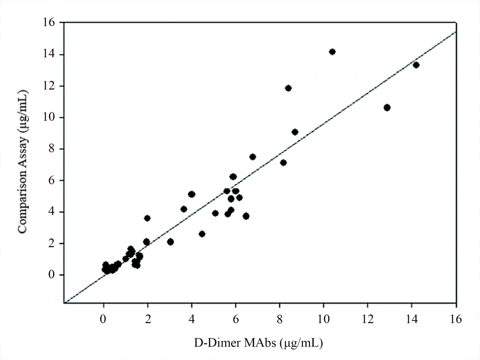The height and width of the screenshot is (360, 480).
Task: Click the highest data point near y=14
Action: click(332, 52)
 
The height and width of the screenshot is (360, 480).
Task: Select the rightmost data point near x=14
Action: click(416, 65)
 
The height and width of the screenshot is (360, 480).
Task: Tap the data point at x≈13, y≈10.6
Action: click(387, 108)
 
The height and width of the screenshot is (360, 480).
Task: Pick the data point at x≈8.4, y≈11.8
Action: click(288, 88)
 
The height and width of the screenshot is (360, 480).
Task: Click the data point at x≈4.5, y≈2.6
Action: click(202, 234)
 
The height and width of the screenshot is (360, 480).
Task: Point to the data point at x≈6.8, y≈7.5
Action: click(253, 157)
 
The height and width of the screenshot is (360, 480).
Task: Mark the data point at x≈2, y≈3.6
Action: click(147, 218)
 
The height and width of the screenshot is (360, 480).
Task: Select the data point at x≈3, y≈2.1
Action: click(170, 242)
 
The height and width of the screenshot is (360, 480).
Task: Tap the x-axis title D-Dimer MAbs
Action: click(258, 343)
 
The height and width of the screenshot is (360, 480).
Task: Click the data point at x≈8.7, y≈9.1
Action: click(295, 132)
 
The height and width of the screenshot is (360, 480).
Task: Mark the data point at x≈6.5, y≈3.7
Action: click(246, 216)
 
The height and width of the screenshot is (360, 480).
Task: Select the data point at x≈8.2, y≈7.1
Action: click(283, 163)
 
